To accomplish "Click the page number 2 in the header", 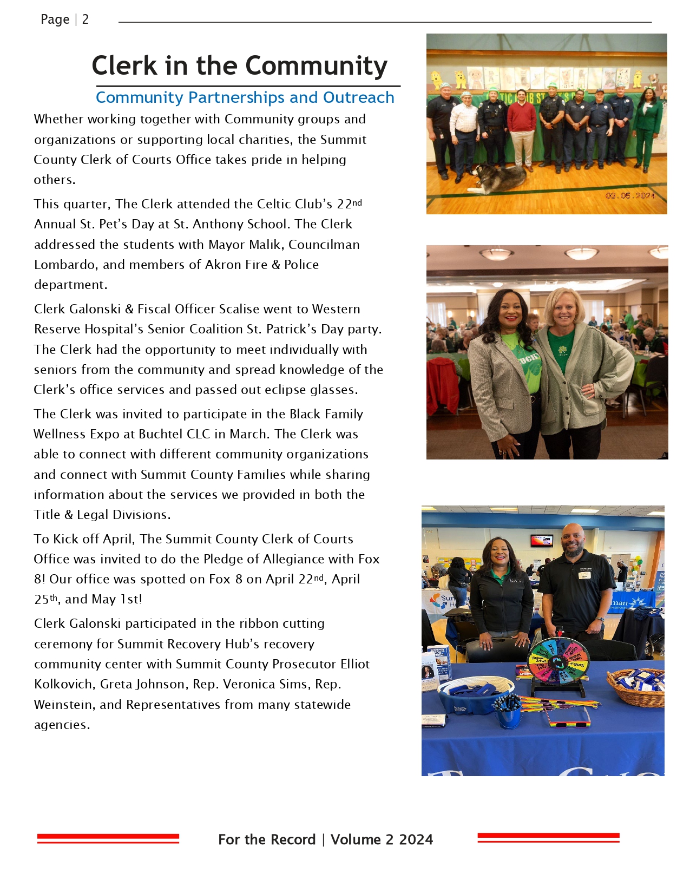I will coord(85,19).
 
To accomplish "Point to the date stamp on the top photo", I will coord(630,195).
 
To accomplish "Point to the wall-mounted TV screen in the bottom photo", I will coord(541,540).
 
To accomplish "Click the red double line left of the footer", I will coord(108,838).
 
